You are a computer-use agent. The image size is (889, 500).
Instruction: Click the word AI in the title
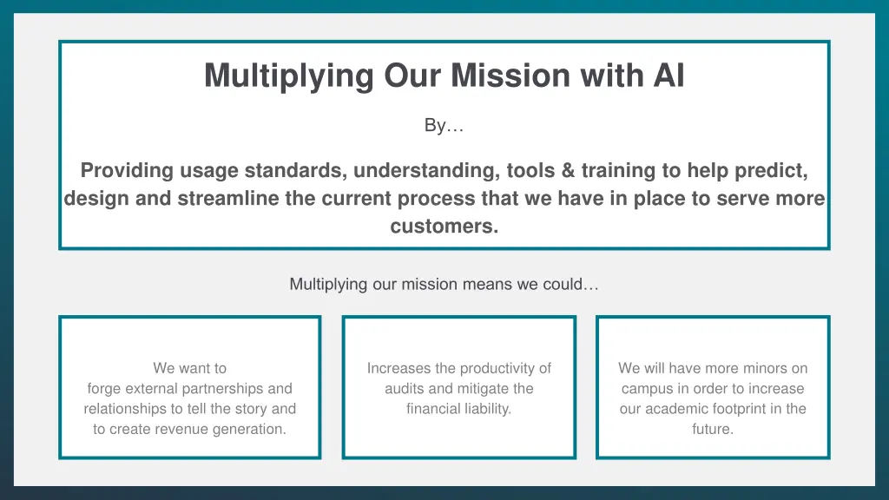tap(668, 76)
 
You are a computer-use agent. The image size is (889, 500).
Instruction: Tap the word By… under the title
tap(444, 126)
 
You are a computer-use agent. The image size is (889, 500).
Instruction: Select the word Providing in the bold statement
tap(124, 170)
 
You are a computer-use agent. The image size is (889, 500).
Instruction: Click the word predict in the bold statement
tap(772, 170)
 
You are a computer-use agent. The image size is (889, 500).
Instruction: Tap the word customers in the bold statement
tap(444, 227)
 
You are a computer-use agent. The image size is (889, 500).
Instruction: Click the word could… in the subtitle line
tap(573, 284)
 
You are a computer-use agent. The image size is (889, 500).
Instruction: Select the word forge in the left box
tap(105, 389)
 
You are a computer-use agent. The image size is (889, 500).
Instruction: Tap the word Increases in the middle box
tap(399, 368)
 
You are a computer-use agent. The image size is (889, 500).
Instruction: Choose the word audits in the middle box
tap(405, 389)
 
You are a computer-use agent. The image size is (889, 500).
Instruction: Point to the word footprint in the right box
tap(730, 409)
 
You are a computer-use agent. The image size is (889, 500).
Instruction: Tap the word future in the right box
tap(712, 429)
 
